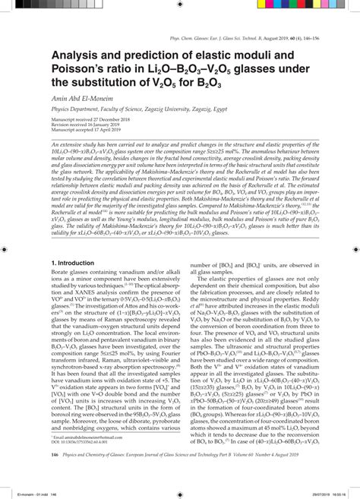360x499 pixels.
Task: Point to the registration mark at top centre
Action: coord(180,8)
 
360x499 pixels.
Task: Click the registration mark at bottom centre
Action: coord(180,491)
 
